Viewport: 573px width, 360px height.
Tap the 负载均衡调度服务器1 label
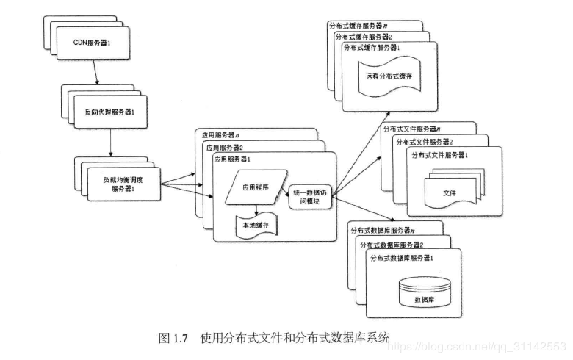(x=123, y=183)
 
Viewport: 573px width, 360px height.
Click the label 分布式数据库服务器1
(x=407, y=258)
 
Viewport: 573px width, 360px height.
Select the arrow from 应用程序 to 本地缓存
(x=256, y=209)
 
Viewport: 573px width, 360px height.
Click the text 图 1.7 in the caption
(x=174, y=339)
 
